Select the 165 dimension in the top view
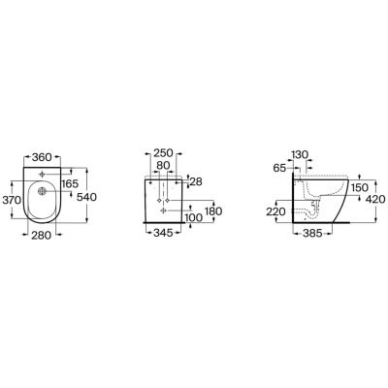coord(70,183)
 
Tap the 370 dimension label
coord(13,200)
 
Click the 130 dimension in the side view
coord(300,153)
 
